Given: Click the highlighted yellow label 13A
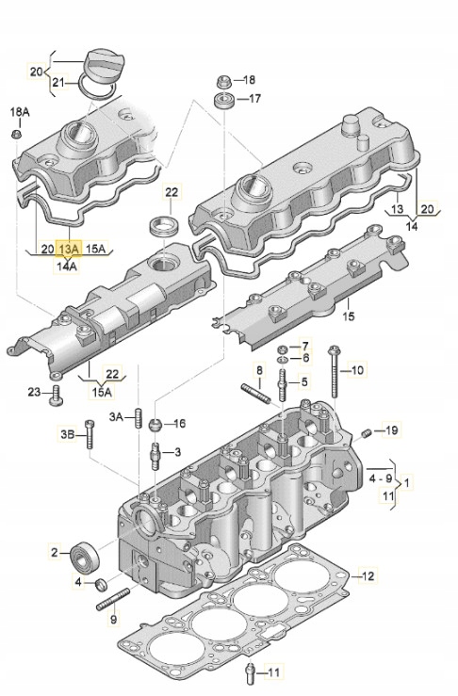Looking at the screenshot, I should pyautogui.click(x=69, y=249).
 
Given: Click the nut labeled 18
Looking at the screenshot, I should pyautogui.click(x=224, y=79).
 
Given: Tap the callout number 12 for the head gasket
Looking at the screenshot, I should pyautogui.click(x=368, y=575).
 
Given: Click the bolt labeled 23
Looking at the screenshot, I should pyautogui.click(x=56, y=393).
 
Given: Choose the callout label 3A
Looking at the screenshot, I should pyautogui.click(x=116, y=415).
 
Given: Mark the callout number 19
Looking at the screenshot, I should pyautogui.click(x=391, y=430).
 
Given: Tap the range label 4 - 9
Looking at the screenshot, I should pyautogui.click(x=384, y=478).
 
